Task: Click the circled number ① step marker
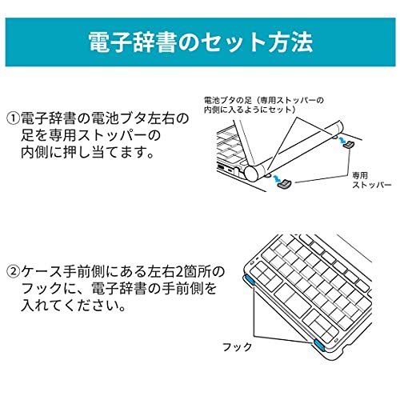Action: coord(13,119)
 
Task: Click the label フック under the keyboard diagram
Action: coord(238,347)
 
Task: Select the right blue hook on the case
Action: coord(318,345)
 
